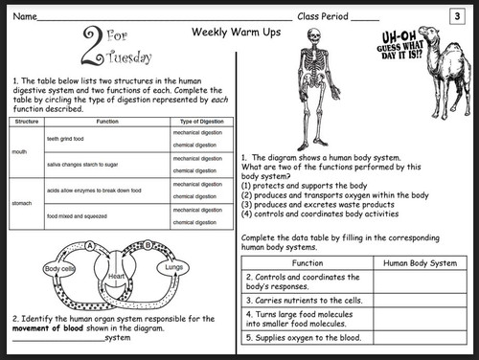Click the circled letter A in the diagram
click(x=91, y=245)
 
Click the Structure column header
click(x=27, y=122)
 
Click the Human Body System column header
click(x=419, y=261)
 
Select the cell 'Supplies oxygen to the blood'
click(x=297, y=337)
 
